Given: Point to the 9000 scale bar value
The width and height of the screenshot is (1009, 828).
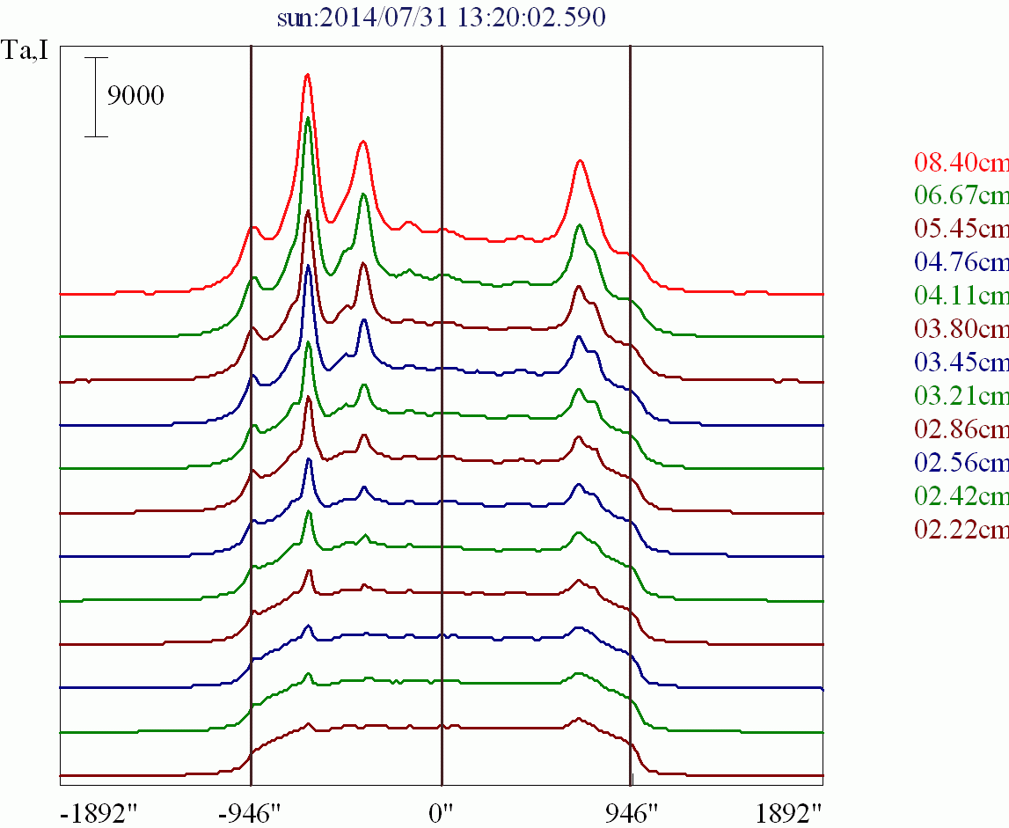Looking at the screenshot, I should point(135,96).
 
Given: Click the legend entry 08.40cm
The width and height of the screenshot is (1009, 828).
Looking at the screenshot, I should point(961,163).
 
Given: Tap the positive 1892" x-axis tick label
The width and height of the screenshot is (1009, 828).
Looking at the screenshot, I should point(793,811).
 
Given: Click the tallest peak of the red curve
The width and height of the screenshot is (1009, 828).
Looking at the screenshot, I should point(307,76).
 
